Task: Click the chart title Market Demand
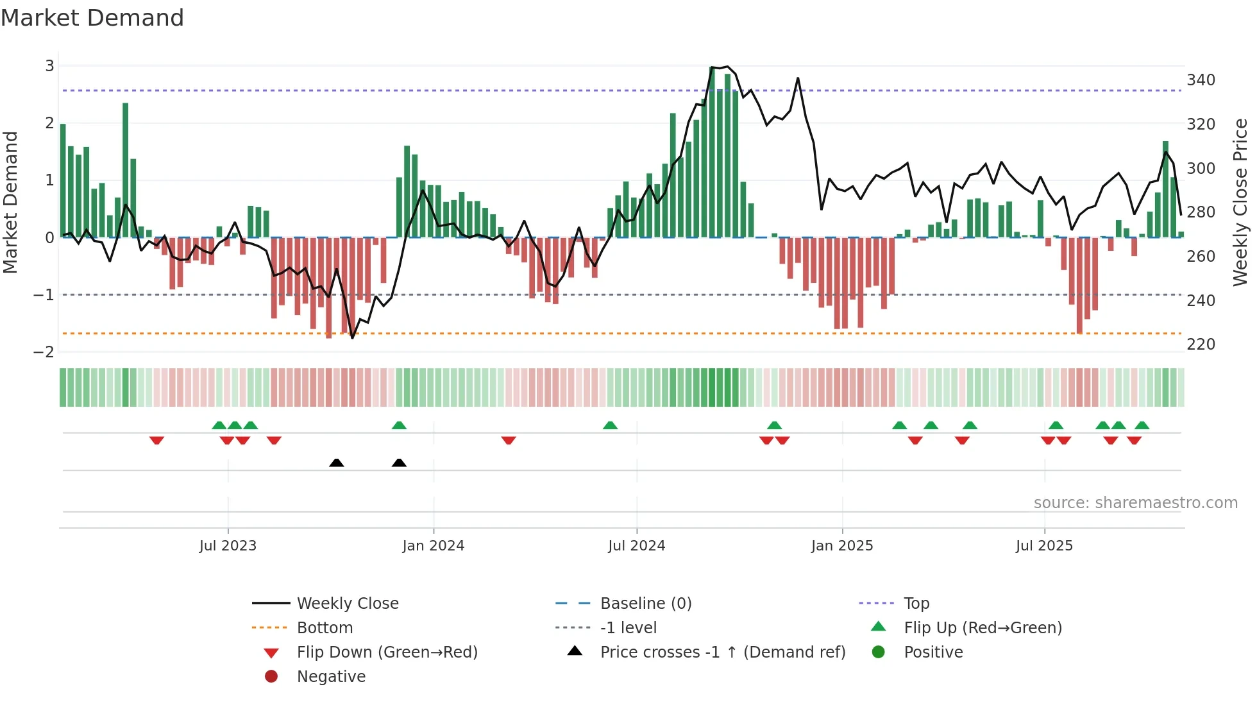tap(92, 18)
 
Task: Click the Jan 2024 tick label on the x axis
tap(433, 546)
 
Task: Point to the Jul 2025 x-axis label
tap(1044, 546)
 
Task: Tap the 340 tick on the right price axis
tap(1201, 80)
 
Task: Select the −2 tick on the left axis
tap(44, 352)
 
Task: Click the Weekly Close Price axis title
tap(1240, 202)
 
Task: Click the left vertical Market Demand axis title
tap(11, 202)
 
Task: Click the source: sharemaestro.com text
tap(1135, 503)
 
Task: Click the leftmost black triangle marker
tap(337, 463)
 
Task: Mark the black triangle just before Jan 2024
tap(399, 463)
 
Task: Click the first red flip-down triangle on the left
tap(156, 440)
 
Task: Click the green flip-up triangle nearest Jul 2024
tap(610, 425)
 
